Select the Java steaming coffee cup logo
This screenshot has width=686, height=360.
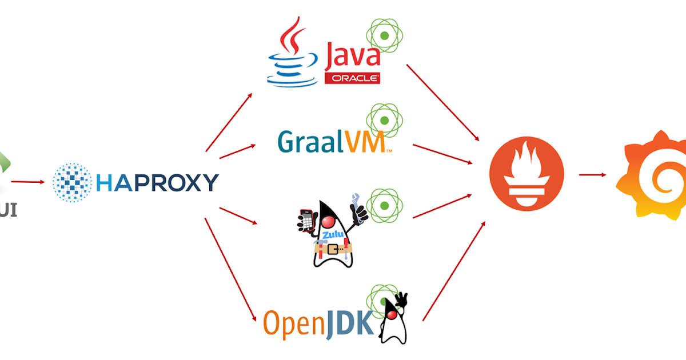pyautogui.click(x=292, y=54)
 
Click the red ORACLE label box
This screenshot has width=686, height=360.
pyautogui.click(x=352, y=78)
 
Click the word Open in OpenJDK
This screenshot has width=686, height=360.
pyautogui.click(x=289, y=323)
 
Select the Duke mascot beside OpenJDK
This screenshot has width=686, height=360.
pyautogui.click(x=393, y=320)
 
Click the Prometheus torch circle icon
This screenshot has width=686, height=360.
pyautogui.click(x=527, y=174)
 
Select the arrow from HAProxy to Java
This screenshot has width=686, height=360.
pyautogui.click(x=229, y=122)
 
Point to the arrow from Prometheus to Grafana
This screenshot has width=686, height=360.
pyautogui.click(x=592, y=175)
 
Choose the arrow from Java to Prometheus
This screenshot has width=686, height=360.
pyautogui.click(x=443, y=103)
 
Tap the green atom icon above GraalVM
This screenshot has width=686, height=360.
pyautogui.click(x=385, y=120)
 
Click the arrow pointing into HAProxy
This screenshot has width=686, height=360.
pyautogui.click(x=27, y=182)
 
